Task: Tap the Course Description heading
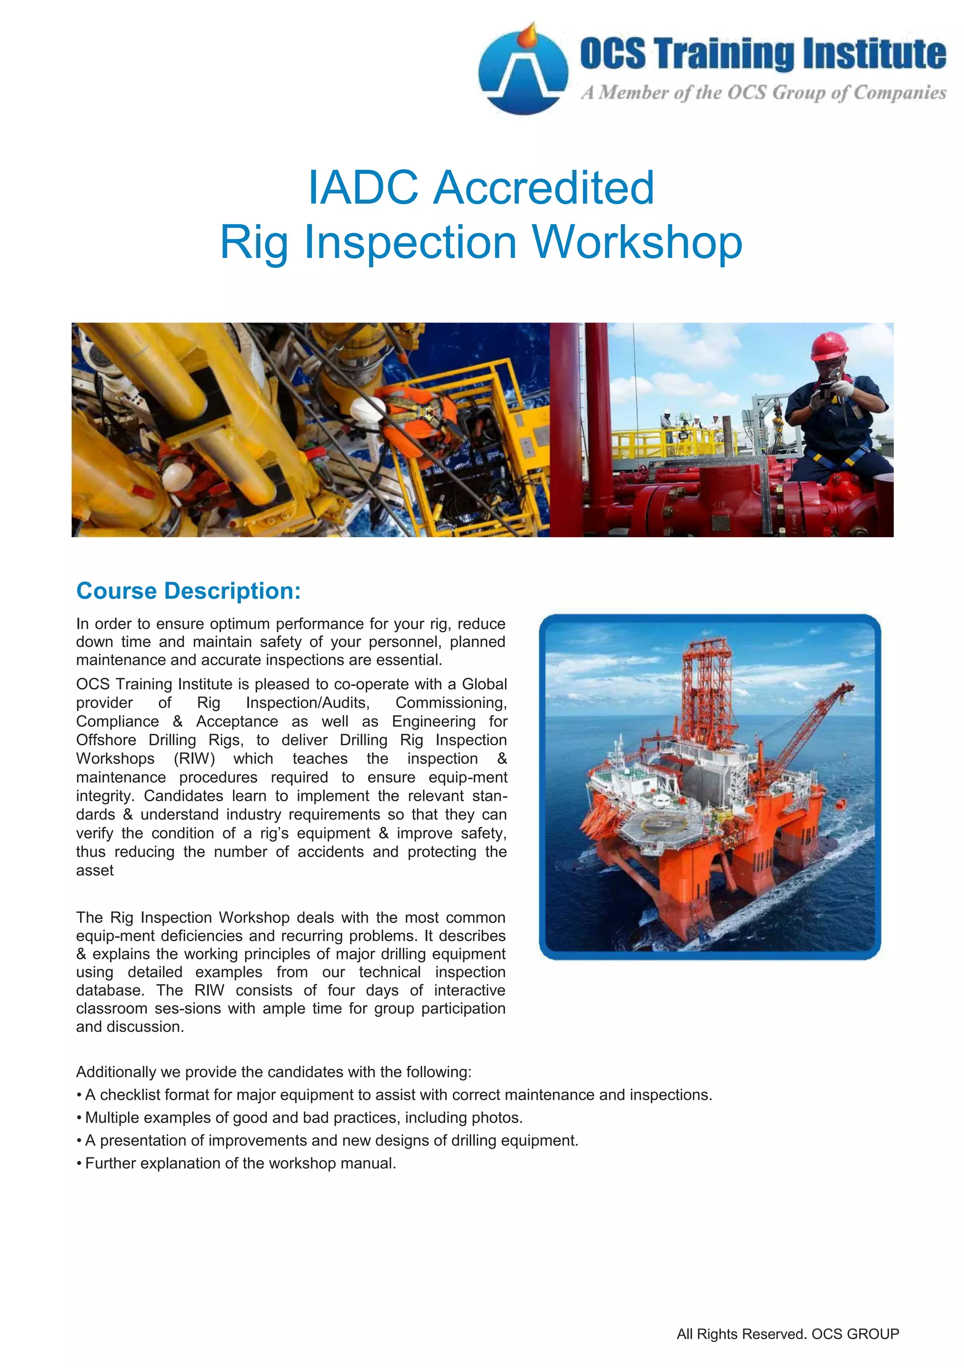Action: (188, 591)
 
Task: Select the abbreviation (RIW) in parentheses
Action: (194, 758)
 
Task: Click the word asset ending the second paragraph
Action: (95, 870)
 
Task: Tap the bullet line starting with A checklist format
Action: (398, 1094)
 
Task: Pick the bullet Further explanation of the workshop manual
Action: (240, 1163)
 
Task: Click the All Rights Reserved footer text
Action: (787, 1334)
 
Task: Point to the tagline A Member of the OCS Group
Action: (763, 93)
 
